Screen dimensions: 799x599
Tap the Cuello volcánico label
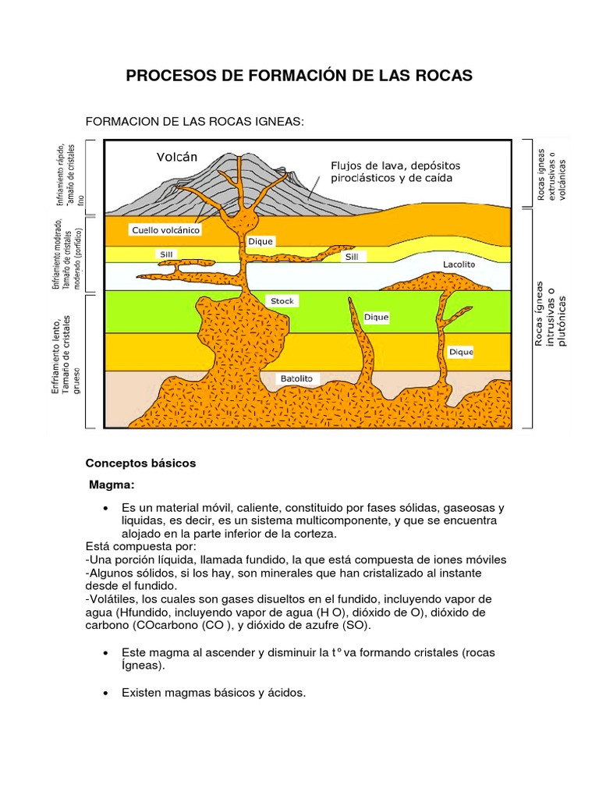tap(166, 230)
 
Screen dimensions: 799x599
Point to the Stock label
tap(282, 300)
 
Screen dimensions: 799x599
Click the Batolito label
tap(296, 378)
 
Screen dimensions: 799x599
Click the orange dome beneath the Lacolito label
tap(437, 280)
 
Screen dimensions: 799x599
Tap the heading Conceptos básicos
tap(140, 463)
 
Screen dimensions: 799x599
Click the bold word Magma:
tap(112, 485)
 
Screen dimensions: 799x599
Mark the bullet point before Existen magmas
tap(105, 692)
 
